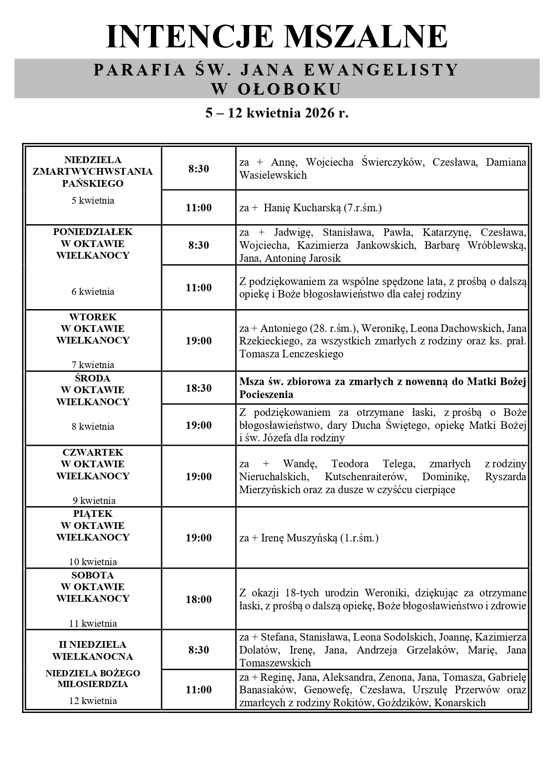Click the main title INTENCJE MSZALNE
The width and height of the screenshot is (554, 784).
pyautogui.click(x=277, y=37)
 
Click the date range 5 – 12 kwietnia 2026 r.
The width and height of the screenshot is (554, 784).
pyautogui.click(x=277, y=113)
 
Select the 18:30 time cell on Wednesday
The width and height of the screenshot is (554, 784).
pyautogui.click(x=199, y=388)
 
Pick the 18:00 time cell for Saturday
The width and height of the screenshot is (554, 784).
pyautogui.click(x=199, y=600)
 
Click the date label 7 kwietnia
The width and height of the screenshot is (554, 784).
pyautogui.click(x=93, y=365)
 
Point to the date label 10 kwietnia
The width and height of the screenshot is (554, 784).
pyautogui.click(x=93, y=562)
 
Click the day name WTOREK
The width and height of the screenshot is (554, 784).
pyautogui.click(x=93, y=317)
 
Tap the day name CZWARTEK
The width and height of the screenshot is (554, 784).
pyautogui.click(x=93, y=452)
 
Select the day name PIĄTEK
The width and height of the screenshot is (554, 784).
pyautogui.click(x=93, y=514)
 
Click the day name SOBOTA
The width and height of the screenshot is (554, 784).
pyautogui.click(x=93, y=575)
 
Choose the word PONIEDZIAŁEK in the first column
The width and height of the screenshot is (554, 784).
pyautogui.click(x=93, y=232)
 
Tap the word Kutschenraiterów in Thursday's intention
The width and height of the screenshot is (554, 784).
pyautogui.click(x=365, y=477)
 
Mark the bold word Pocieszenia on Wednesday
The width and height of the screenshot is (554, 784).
pyautogui.click(x=266, y=394)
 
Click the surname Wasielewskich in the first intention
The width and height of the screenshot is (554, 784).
pyautogui.click(x=273, y=175)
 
